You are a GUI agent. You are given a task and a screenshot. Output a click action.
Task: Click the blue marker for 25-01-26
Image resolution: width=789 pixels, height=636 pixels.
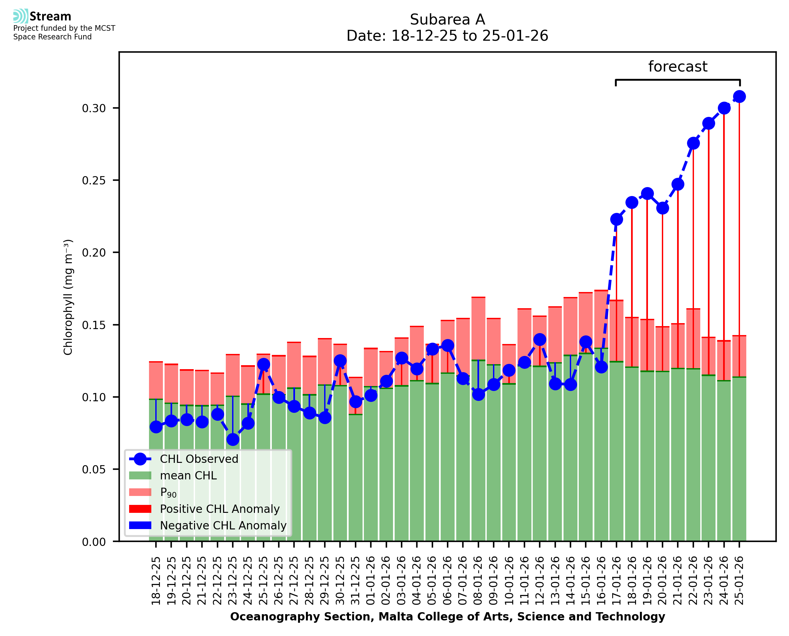(x=739, y=97)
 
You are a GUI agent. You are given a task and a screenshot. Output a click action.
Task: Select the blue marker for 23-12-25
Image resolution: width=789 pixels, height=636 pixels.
(x=233, y=440)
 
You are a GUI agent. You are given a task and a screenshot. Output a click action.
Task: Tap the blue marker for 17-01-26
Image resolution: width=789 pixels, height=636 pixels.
(x=616, y=220)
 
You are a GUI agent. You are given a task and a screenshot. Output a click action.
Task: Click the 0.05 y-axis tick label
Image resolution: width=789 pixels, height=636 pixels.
(x=94, y=470)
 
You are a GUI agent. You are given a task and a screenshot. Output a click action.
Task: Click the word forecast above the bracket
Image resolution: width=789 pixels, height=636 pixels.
(x=678, y=67)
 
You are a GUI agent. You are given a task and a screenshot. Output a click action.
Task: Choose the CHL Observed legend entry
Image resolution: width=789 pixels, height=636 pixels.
(x=199, y=459)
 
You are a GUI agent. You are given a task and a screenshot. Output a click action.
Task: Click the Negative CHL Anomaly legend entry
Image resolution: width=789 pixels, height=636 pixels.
(x=223, y=525)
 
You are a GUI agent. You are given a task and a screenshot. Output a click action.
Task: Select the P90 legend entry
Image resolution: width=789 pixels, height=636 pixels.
(x=168, y=492)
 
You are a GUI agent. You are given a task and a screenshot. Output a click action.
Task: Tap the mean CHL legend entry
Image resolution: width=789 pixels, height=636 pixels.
(x=188, y=475)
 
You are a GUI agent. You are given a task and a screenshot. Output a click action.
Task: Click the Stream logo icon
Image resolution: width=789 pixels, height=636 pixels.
(x=21, y=16)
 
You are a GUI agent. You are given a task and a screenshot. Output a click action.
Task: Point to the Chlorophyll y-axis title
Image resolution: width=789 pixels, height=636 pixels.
(x=68, y=297)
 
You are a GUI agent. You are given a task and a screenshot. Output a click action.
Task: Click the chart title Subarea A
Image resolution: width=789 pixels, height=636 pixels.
(x=447, y=20)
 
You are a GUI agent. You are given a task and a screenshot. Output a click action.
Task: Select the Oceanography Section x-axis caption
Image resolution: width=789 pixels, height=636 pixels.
(x=447, y=616)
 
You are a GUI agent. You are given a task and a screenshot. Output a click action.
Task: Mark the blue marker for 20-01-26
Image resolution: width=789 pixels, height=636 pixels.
(x=662, y=208)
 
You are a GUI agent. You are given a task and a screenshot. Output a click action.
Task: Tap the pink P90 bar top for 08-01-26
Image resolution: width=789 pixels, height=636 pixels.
(x=478, y=298)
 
